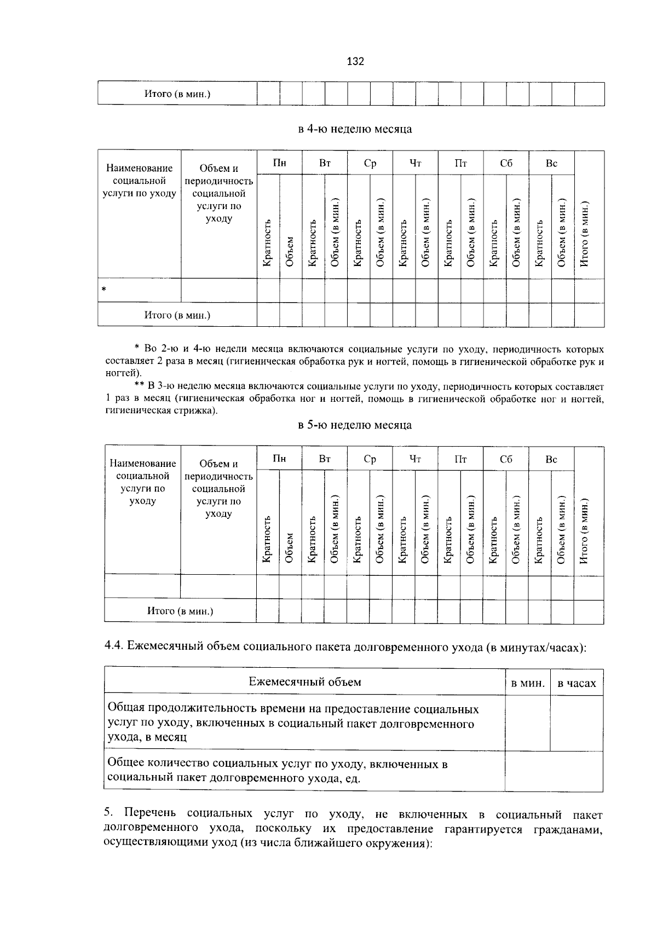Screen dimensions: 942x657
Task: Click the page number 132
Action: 355,61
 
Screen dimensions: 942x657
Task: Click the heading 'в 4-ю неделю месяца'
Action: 355,129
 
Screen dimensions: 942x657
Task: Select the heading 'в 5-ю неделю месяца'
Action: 355,425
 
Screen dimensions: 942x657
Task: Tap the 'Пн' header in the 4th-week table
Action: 279,163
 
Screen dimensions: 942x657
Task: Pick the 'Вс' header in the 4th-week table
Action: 551,163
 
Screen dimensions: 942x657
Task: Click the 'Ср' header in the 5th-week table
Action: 370,459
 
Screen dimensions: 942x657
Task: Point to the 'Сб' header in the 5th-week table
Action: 506,459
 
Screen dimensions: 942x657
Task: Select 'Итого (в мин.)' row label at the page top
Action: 177,94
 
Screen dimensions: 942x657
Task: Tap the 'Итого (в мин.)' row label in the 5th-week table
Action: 180,611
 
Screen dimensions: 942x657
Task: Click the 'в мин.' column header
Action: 527,683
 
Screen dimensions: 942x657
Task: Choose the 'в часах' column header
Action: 577,683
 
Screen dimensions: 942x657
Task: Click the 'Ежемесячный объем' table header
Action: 305,682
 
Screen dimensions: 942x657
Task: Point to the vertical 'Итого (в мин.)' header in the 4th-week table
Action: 584,234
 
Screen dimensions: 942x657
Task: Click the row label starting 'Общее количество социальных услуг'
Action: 278,771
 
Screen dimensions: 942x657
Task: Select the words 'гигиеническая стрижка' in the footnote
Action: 160,411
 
